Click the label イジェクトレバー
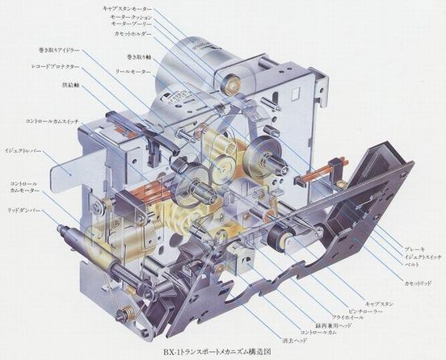[x=23, y=150]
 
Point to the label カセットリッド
[x=420, y=285]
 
